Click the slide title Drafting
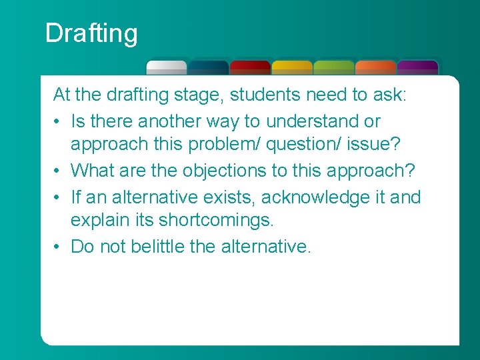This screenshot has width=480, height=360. tap(91, 33)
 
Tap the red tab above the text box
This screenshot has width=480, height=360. tap(250, 67)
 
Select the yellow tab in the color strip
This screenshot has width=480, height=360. tap(292, 67)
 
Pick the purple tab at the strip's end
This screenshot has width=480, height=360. tap(417, 67)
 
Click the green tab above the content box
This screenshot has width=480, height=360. tap(333, 67)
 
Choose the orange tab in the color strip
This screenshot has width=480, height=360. tap(375, 67)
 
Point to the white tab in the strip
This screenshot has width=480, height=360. tap(167, 67)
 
